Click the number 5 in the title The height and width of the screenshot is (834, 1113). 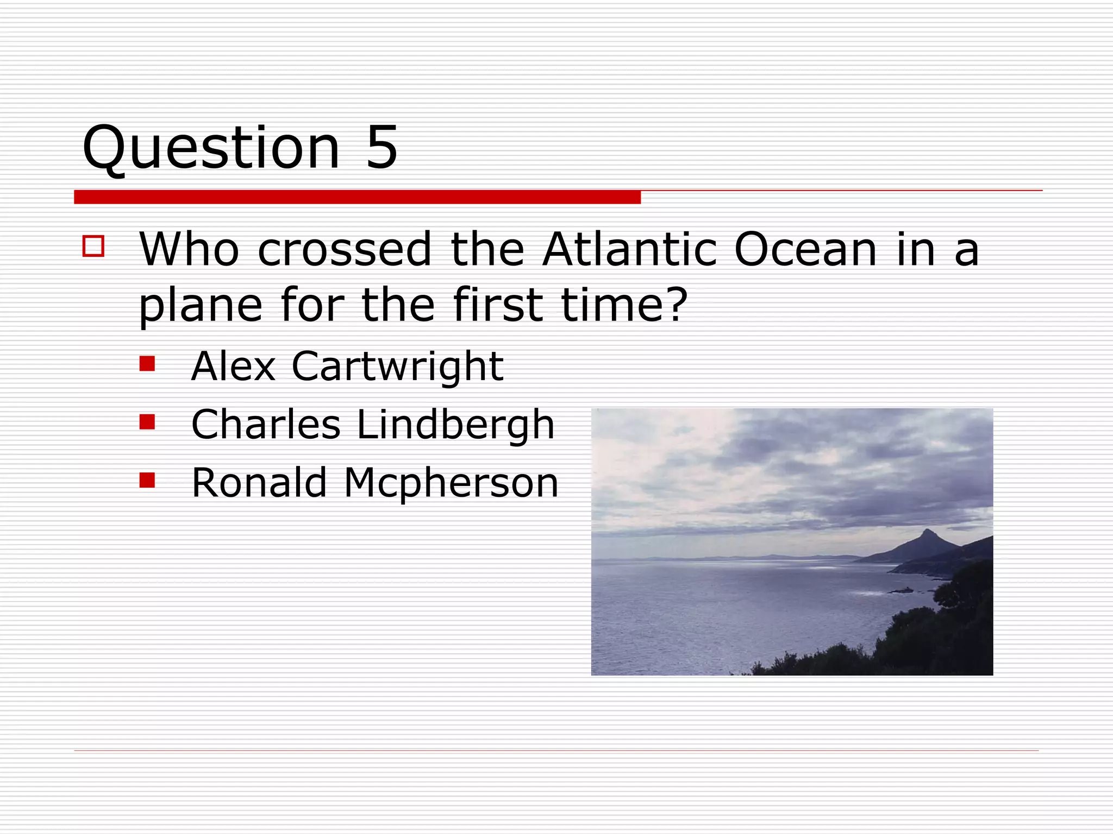[x=382, y=147]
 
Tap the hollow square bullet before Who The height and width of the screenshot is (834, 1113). [x=93, y=246]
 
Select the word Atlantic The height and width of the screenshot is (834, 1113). [x=630, y=250]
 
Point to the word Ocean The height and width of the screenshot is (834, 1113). [x=805, y=250]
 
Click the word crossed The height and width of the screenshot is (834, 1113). [x=345, y=250]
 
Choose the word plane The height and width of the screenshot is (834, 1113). [x=201, y=306]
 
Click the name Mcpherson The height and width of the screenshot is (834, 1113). [x=451, y=483]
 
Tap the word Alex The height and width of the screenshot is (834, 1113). [x=234, y=367]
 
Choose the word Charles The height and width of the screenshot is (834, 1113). [x=266, y=425]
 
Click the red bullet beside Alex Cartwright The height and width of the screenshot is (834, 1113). [x=147, y=363]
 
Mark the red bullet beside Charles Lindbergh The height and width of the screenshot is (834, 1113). [x=147, y=421]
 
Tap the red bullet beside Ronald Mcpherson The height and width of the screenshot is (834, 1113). [x=147, y=480]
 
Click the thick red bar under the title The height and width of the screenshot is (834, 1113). [x=357, y=197]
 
